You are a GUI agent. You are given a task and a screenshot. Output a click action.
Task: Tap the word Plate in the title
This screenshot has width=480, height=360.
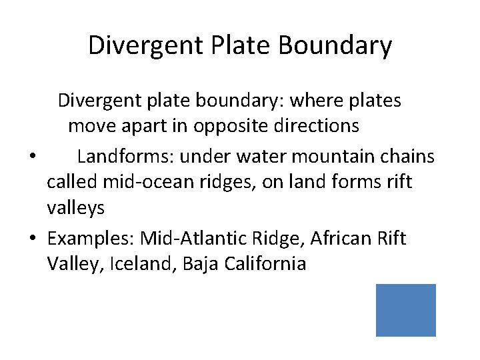click(x=241, y=45)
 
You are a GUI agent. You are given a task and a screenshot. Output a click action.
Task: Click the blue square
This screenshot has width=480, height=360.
click(x=405, y=310)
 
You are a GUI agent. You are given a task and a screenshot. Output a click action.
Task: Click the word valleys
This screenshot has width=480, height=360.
click(x=75, y=208)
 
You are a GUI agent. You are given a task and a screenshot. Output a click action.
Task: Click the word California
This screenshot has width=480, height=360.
click(x=265, y=264)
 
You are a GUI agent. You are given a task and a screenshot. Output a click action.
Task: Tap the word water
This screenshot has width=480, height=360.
click(x=268, y=157)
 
